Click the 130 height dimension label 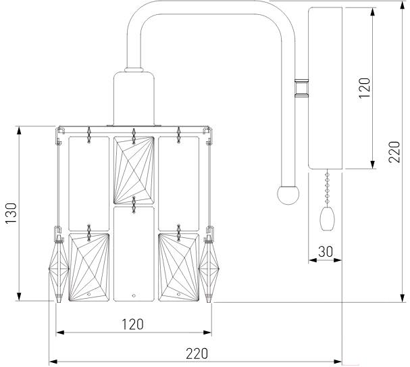click(11, 212)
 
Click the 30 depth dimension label click(326, 251)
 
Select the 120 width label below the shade click(133, 324)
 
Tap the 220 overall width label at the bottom click(197, 353)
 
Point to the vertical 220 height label click(394, 152)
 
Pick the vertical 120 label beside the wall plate click(365, 88)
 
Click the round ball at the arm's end click(288, 195)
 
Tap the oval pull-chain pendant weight click(328, 219)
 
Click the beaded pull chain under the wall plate click(327, 188)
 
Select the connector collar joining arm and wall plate click(301, 88)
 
